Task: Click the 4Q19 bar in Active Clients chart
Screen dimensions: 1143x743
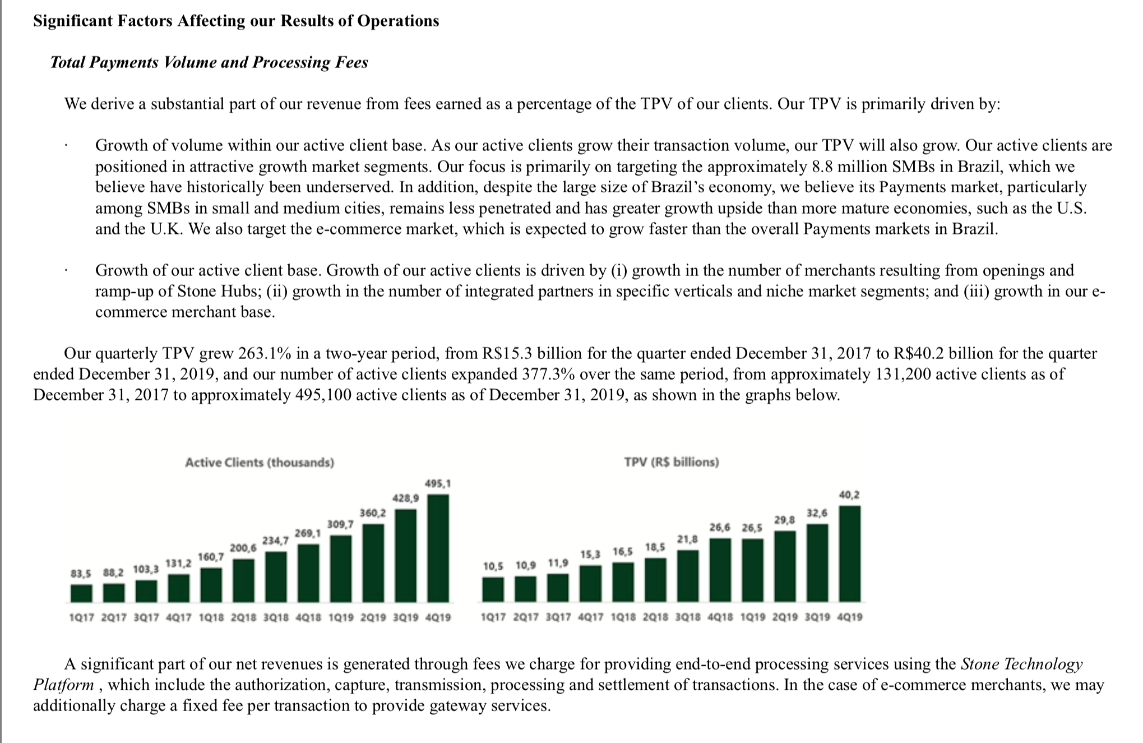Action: tap(438, 548)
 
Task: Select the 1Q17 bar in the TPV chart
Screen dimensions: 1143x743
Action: tap(493, 590)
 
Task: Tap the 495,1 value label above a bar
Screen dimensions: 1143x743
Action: tap(438, 483)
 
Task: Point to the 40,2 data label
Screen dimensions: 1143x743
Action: tap(849, 495)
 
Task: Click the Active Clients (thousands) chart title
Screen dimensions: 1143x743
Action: tap(260, 463)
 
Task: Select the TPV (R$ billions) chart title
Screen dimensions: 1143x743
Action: tap(672, 462)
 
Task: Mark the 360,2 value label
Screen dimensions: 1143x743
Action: tap(373, 513)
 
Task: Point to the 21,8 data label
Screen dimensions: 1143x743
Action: tap(688, 539)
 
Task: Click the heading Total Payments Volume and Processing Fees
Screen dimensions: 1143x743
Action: tap(209, 62)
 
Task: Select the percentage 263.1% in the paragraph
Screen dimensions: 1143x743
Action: tap(265, 353)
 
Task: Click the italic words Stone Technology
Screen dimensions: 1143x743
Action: tap(1021, 664)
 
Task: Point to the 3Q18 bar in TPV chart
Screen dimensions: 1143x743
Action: tap(688, 576)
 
